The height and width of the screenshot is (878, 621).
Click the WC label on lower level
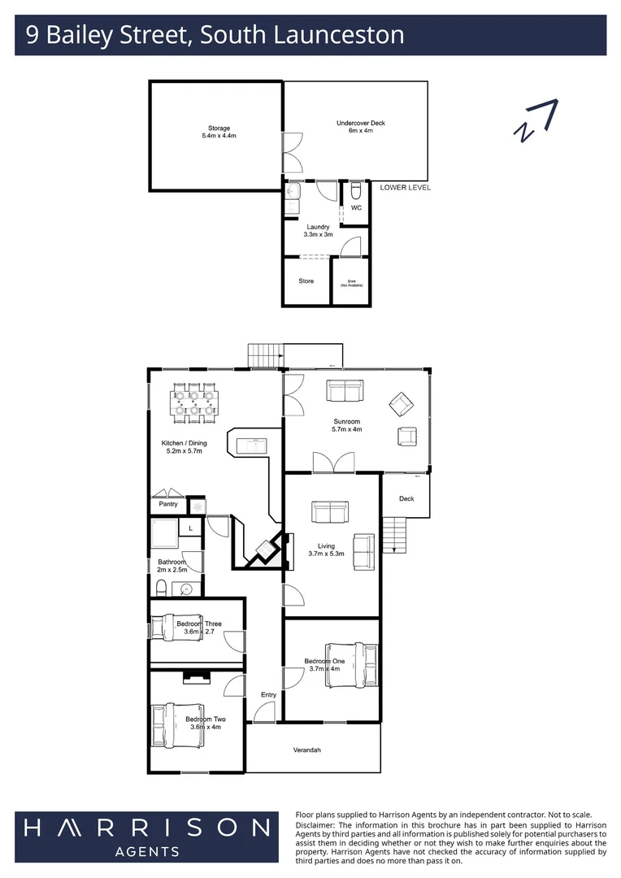pos(356,208)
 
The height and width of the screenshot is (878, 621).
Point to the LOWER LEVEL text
pos(405,188)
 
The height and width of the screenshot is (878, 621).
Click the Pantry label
pos(167,505)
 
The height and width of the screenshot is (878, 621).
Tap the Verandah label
pos(306,750)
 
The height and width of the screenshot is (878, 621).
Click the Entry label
pos(268,695)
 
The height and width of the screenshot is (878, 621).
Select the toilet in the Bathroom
pos(162,588)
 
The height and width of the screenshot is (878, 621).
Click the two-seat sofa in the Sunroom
pos(345,391)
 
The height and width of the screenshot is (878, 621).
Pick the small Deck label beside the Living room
pos(406,498)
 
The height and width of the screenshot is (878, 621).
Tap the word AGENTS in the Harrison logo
pos(147,852)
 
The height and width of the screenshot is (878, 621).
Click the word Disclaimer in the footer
pos(318,825)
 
